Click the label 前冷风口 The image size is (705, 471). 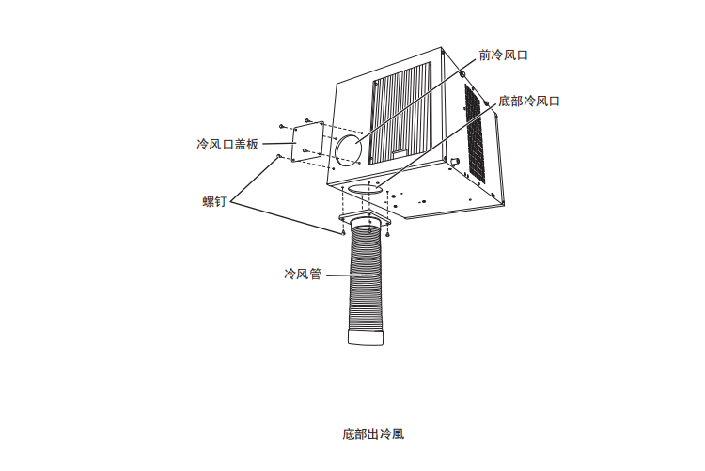point(503,55)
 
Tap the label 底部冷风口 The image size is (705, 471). point(528,102)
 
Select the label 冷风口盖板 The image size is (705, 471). point(227,144)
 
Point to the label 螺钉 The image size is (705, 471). point(214,201)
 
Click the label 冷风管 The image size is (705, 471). point(303,274)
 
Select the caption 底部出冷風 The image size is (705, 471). point(373,434)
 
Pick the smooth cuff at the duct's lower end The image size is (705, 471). point(366,338)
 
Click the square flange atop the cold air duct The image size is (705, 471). point(365,220)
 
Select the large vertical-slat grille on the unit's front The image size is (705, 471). point(401,113)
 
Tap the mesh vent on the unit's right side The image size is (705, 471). point(475,133)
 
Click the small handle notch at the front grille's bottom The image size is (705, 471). point(399,153)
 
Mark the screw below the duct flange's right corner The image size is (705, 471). point(387,233)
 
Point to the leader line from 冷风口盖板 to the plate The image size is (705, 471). point(279,144)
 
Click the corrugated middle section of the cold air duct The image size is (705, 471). point(366,276)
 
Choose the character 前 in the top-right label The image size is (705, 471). point(484,55)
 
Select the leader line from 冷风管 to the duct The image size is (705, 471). point(343,275)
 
